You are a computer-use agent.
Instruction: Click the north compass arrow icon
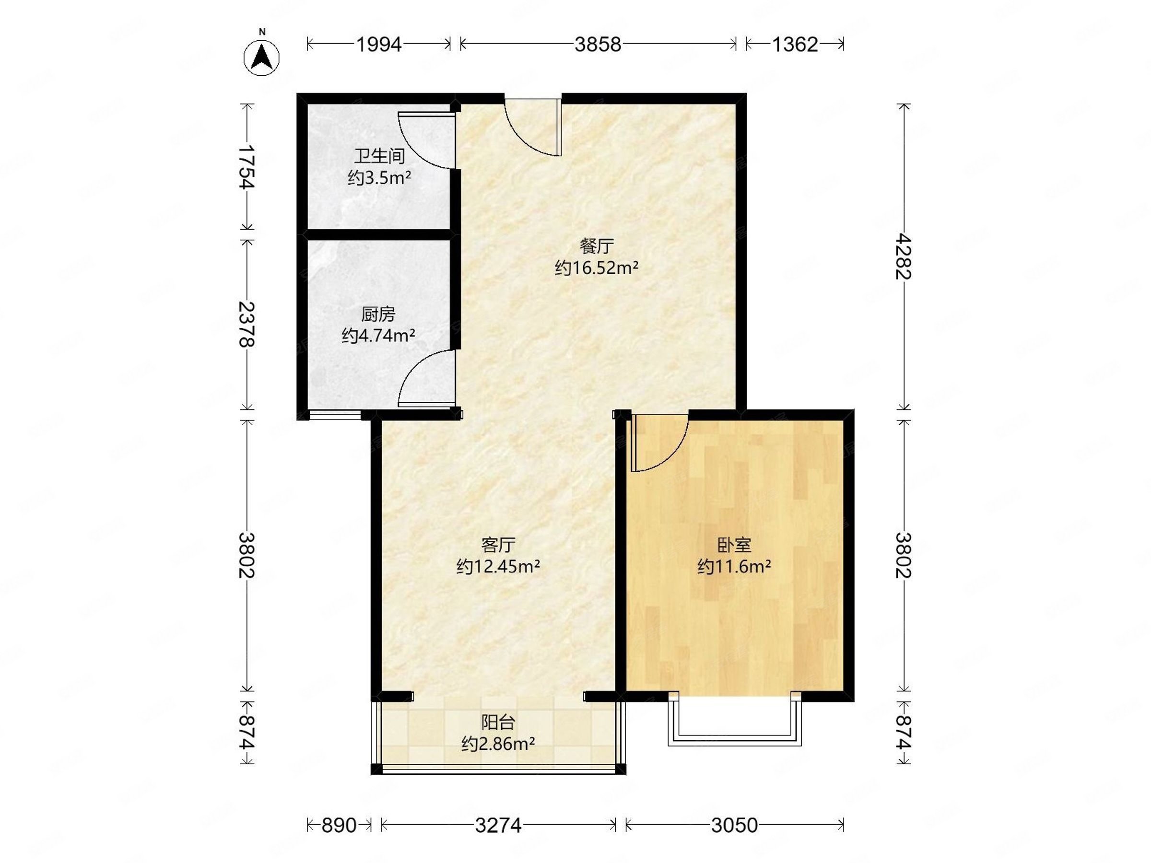coord(262,57)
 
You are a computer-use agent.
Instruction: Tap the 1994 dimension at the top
coord(379,45)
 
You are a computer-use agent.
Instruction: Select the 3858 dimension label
coord(598,45)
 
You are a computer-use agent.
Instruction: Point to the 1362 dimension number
coord(795,45)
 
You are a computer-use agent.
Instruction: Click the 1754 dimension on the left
coord(247,166)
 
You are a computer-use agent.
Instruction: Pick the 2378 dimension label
coord(247,324)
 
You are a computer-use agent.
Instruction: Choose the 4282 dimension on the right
coord(904,257)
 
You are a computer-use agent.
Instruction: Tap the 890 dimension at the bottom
coord(339,825)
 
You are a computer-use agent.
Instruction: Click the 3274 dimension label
coord(498,825)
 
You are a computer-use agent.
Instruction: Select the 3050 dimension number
coord(734,825)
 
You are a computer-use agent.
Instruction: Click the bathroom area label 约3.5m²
coord(379,178)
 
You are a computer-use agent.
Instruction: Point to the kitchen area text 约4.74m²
coord(378,336)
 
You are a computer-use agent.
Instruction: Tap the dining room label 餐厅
coord(597,245)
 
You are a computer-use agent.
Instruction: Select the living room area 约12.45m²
coord(498,566)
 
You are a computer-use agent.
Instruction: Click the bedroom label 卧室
coord(734,545)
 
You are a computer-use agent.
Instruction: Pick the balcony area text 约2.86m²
coord(498,745)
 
